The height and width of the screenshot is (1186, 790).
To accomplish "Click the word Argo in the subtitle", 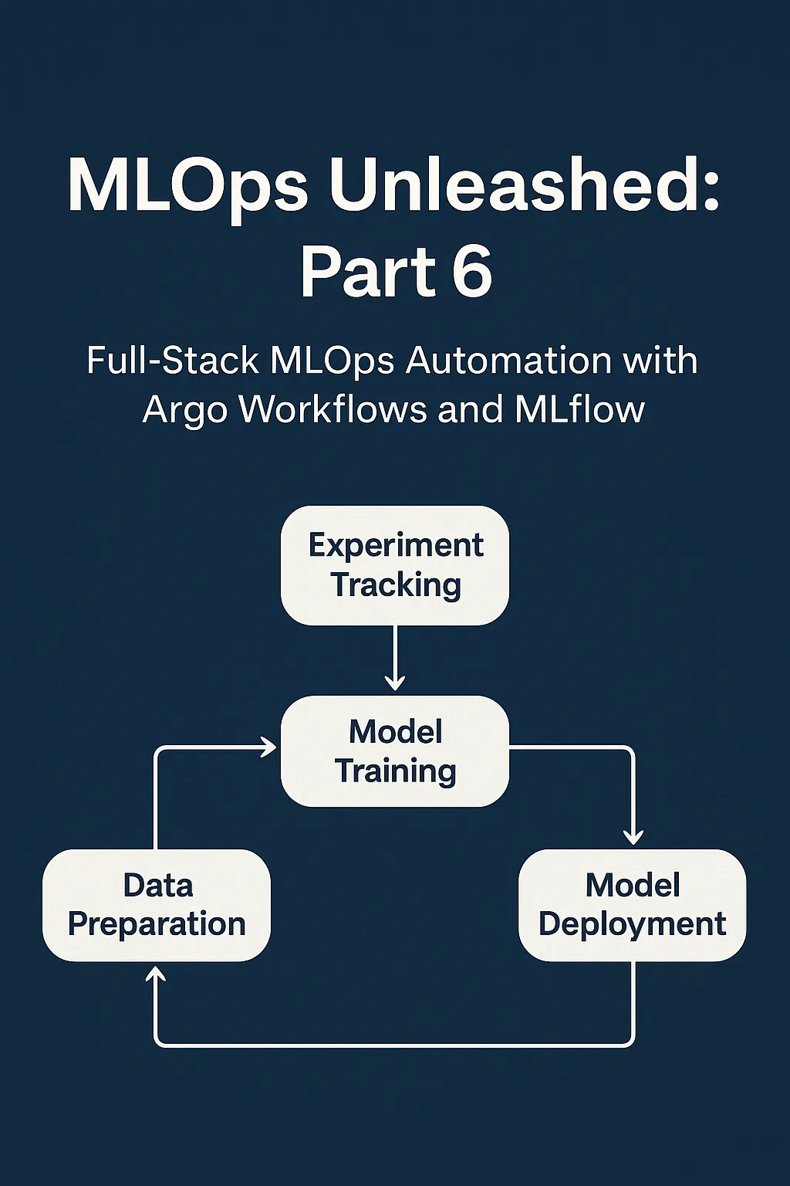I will tap(184, 410).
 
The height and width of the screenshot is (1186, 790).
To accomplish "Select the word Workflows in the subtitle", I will tap(333, 408).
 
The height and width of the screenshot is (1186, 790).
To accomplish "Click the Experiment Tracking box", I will tap(394, 565).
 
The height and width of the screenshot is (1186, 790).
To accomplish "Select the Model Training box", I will tap(394, 751).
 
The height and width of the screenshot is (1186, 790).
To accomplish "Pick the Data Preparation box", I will tap(157, 905).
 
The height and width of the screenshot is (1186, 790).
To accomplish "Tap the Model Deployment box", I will tap(632, 905).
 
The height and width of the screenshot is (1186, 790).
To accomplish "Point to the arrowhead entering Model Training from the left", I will tap(269, 747).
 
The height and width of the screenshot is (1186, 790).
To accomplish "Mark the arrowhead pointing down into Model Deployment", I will tap(633, 837).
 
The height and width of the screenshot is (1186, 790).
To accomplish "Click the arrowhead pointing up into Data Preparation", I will tap(157, 975).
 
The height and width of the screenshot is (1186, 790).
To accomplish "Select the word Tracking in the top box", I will tap(396, 585).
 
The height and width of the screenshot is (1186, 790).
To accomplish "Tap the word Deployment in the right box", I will tap(632, 924).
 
